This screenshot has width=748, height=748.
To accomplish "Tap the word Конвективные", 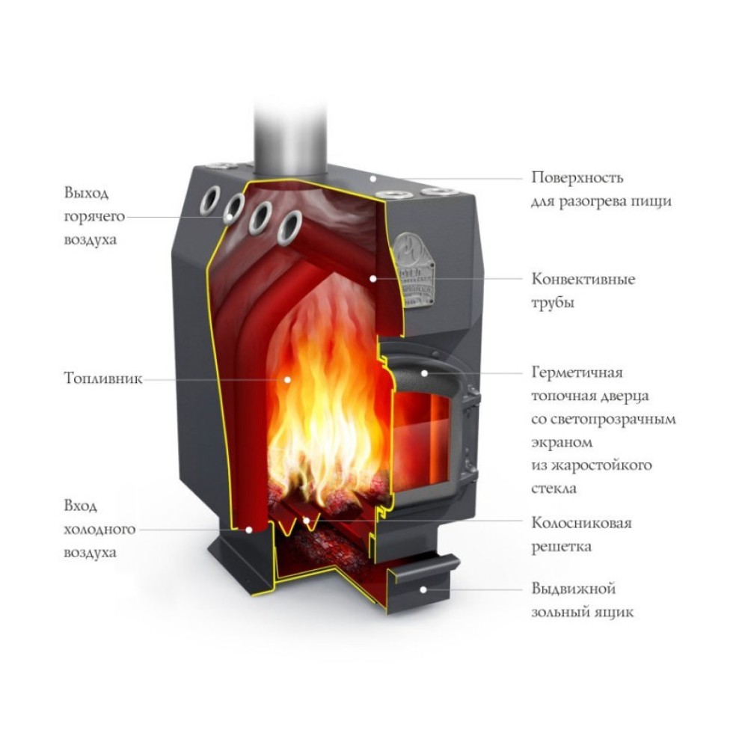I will tap(583, 280).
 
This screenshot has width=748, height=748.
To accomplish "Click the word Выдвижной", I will tap(568, 589).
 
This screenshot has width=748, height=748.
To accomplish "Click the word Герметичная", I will tap(577, 372).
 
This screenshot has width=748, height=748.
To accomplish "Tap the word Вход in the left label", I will tap(80, 506).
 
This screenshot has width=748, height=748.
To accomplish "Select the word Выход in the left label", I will tap(86, 194).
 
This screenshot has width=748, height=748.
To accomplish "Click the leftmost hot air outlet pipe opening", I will tap(211, 200).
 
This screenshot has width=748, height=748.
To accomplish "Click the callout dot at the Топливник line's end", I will tap(286, 379).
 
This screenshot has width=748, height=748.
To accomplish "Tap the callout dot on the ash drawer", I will tap(424, 589).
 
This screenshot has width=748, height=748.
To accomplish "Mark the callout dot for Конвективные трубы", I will tap(373, 278).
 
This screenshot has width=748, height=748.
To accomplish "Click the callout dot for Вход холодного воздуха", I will tap(249, 529).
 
